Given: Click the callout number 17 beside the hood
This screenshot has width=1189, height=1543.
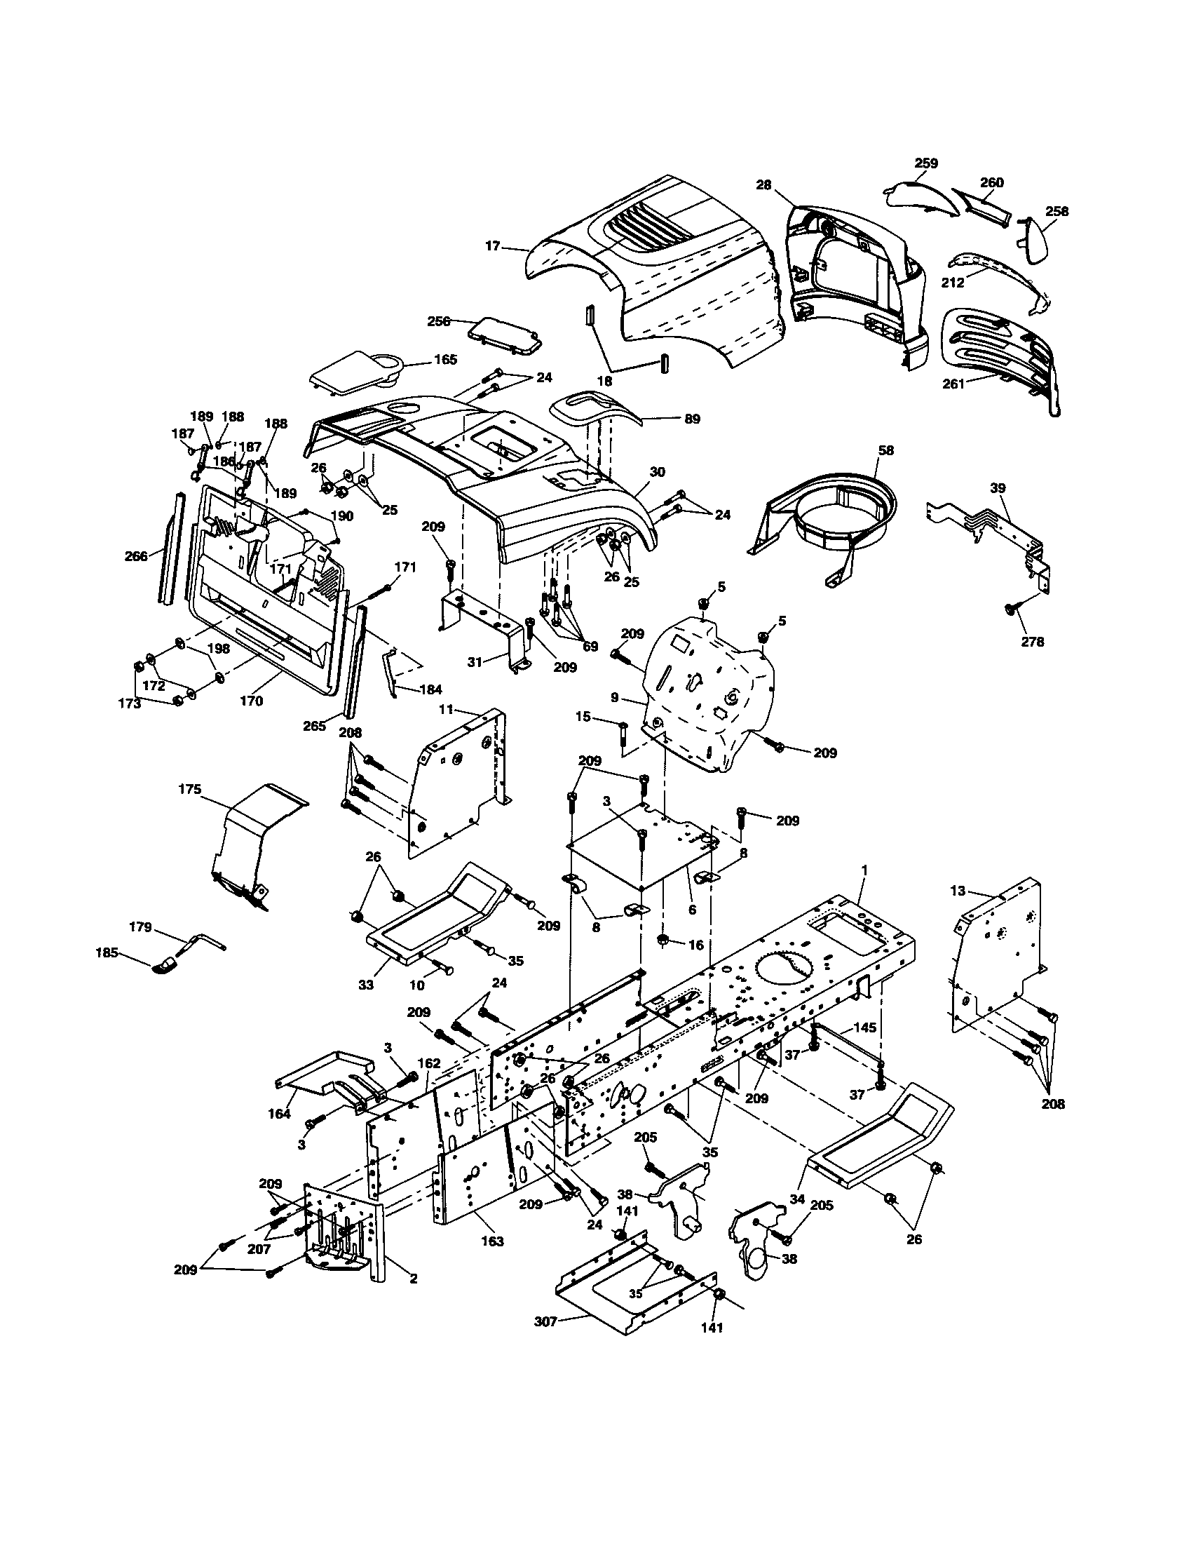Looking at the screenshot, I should [492, 246].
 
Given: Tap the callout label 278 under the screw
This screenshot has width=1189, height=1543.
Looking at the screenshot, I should [1032, 642].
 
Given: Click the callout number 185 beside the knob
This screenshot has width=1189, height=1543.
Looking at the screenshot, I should [107, 952].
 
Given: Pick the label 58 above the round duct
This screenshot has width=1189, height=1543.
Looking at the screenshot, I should [885, 450].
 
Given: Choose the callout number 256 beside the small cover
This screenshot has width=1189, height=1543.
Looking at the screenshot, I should [438, 321].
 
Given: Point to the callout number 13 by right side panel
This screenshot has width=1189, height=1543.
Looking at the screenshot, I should [958, 891].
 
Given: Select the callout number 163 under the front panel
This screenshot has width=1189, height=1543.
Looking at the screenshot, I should [492, 1241].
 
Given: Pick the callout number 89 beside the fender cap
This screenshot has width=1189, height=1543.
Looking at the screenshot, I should [692, 419].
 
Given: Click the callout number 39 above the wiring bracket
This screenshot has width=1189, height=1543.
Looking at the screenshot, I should [997, 488].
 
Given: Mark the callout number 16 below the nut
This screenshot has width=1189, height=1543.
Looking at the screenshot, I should [695, 945].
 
